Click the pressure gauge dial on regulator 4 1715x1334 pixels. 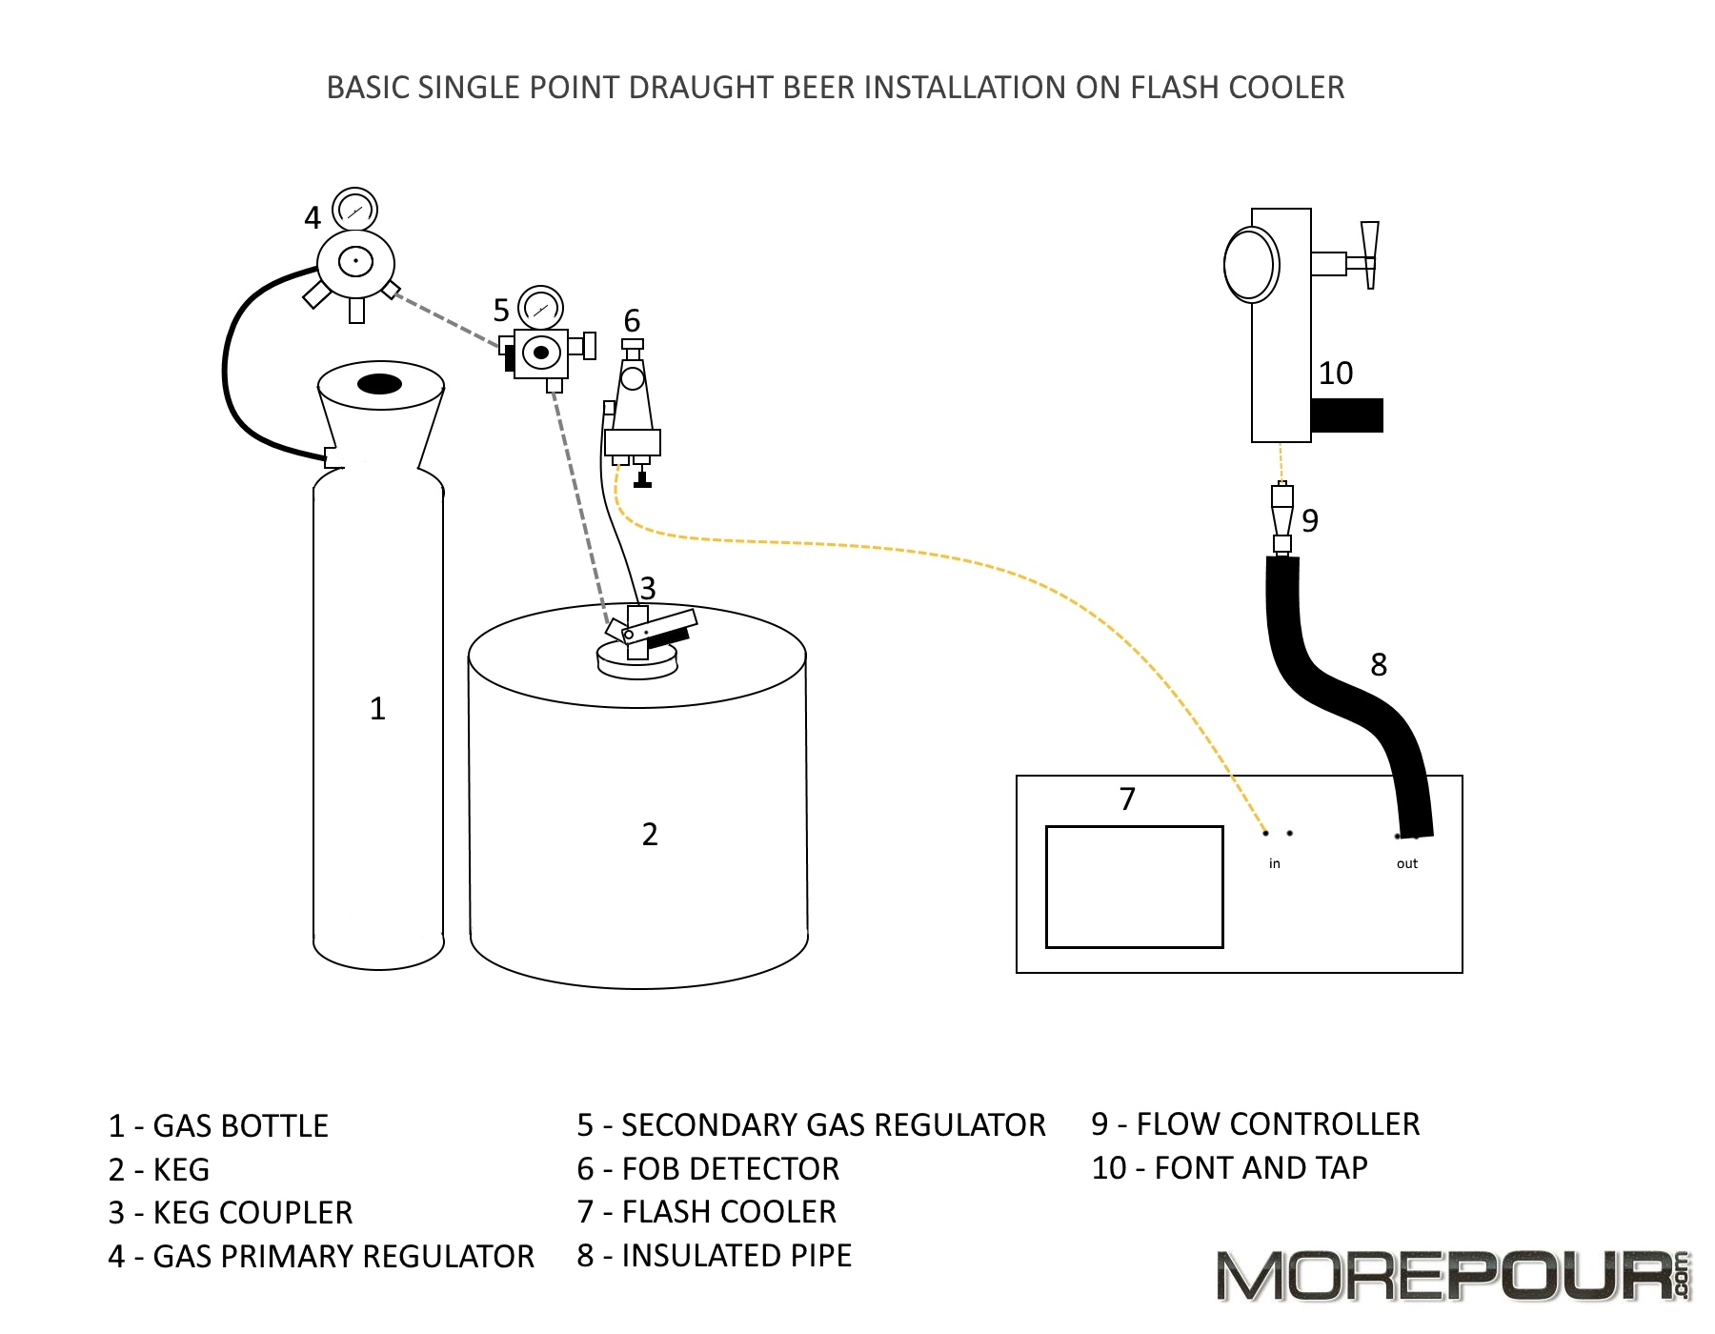pos(354,210)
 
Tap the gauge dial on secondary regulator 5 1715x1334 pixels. pos(541,308)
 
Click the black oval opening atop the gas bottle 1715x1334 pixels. pos(379,384)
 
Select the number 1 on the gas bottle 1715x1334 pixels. pos(377,709)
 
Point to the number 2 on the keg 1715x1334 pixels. pos(650,835)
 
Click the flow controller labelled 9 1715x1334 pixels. pos(1282,519)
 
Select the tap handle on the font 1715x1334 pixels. pos(1370,253)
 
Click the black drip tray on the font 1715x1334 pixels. pos(1346,415)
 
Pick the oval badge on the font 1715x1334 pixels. pos(1250,264)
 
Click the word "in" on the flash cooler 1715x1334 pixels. pos(1275,864)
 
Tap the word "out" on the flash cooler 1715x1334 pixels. pos(1407,864)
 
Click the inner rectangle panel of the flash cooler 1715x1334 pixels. pos(1134,886)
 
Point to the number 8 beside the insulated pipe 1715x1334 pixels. pos(1379,665)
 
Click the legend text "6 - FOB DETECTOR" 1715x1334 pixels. pos(708,1169)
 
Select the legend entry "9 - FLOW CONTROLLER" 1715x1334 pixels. pos(1255,1124)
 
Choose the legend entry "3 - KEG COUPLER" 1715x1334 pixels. pos(231,1213)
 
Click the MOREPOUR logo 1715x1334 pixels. pos(1452,1277)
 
